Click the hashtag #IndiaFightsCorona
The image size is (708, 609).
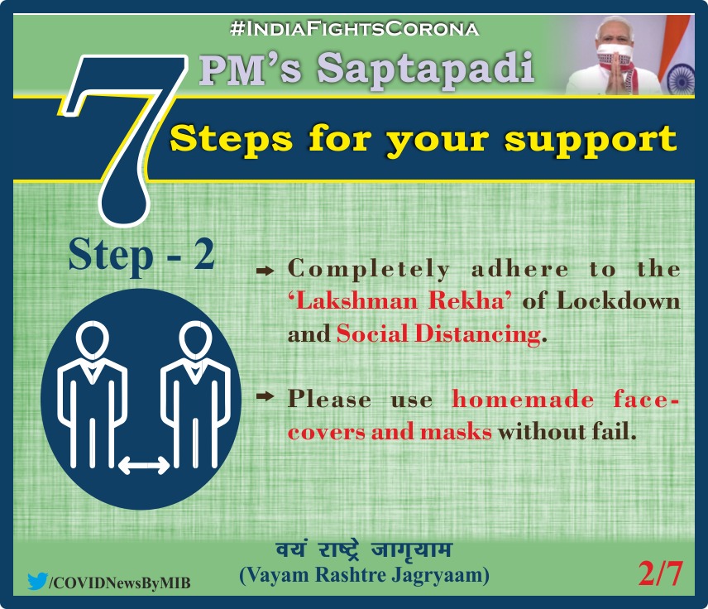point(354,29)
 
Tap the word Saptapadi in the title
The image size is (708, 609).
point(426,69)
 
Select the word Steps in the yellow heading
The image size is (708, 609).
point(232,140)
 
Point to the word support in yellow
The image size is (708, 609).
point(591,141)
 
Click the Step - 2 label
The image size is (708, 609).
point(141,256)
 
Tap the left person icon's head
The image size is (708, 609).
point(93,340)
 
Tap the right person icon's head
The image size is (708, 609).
point(195,340)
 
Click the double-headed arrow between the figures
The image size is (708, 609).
point(144,466)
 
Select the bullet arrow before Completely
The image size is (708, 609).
point(265,271)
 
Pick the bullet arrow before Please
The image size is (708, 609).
point(265,396)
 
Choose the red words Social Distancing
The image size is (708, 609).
point(438,333)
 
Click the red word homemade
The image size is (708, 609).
point(523,400)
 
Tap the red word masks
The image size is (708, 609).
point(456,432)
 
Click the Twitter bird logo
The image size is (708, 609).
point(37,582)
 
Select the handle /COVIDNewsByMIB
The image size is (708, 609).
point(119,583)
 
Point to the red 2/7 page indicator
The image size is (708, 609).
point(660,573)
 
